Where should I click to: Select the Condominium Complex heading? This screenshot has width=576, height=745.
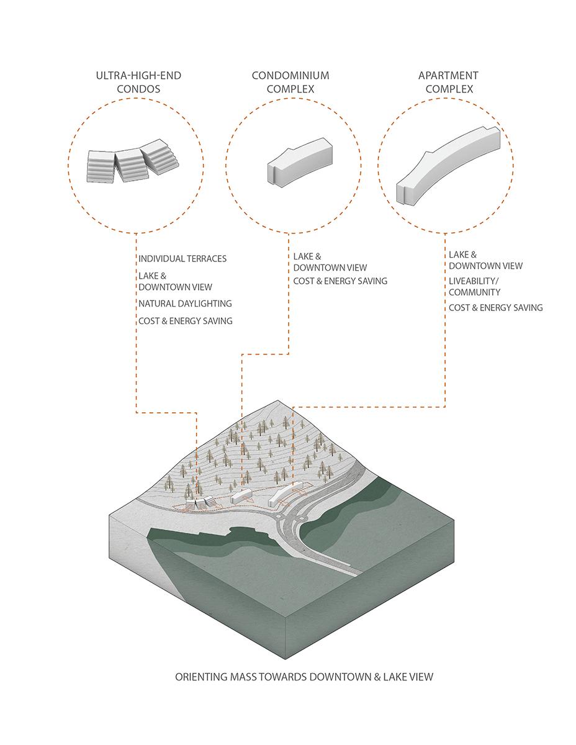290,82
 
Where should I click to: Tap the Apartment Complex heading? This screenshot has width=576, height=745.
448,82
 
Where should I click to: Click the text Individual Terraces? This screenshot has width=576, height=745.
182,258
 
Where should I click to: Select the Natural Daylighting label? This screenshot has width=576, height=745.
185,304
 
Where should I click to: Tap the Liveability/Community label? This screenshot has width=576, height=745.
474,287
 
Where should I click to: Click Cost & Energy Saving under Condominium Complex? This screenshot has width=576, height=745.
340,281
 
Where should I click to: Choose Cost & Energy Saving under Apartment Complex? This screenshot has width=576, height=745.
495,307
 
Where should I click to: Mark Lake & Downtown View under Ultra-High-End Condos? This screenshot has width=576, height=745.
175,281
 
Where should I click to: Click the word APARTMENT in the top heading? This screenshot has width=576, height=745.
448,76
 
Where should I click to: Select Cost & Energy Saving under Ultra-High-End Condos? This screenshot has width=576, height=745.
185,320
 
